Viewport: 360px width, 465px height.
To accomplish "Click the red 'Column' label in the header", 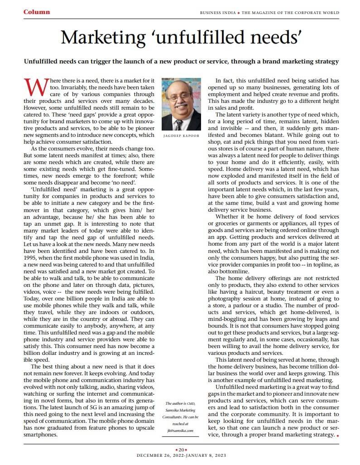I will [37, 12].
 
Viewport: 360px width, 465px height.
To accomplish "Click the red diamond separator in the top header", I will [239, 13].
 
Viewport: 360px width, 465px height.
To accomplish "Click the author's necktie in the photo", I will [179, 124].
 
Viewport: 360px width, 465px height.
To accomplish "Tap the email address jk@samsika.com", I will [180, 431].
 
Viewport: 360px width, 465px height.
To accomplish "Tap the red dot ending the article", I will [337, 435].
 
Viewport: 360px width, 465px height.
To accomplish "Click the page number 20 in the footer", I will [180, 450].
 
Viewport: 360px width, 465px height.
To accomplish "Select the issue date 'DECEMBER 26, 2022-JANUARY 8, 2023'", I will [180, 456].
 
